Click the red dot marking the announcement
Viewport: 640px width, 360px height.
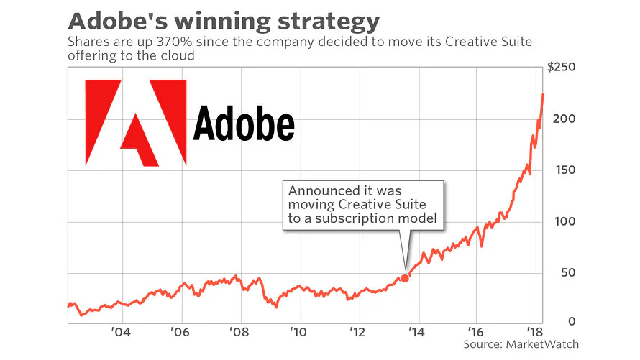click(405, 278)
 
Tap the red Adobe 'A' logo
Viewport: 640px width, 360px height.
click(136, 122)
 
